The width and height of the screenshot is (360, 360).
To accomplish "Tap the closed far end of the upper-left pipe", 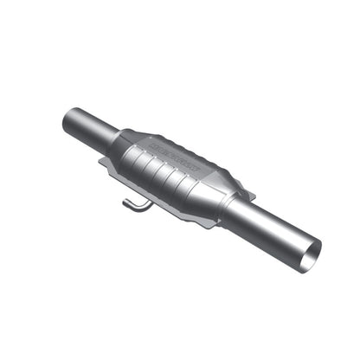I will [x=71, y=119].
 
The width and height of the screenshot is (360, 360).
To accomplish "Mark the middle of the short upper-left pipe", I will [x=91, y=127].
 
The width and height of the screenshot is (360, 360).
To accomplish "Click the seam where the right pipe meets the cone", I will [x=232, y=209].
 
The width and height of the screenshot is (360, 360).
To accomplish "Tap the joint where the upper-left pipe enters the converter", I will [x=115, y=138].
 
